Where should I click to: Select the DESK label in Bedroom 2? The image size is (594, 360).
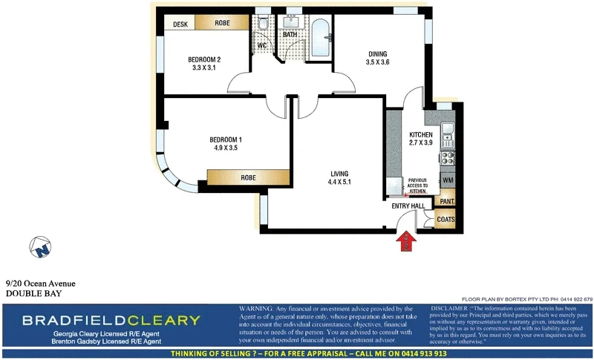(180, 24)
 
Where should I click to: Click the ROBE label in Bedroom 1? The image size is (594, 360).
(248, 178)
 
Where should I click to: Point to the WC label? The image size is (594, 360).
(261, 46)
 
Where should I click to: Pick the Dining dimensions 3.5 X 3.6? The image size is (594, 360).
(377, 63)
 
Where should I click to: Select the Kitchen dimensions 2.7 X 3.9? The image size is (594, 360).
(420, 144)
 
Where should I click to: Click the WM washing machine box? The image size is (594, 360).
(448, 180)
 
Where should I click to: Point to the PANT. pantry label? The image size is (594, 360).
(447, 200)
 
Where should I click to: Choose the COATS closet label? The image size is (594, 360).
(446, 220)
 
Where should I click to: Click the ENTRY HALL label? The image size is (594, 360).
(408, 206)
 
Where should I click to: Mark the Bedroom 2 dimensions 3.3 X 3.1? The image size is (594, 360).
(204, 68)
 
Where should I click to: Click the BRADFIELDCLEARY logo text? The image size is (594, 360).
(111, 321)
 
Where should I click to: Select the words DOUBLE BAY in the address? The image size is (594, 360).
(33, 293)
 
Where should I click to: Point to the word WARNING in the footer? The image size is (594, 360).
(255, 309)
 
